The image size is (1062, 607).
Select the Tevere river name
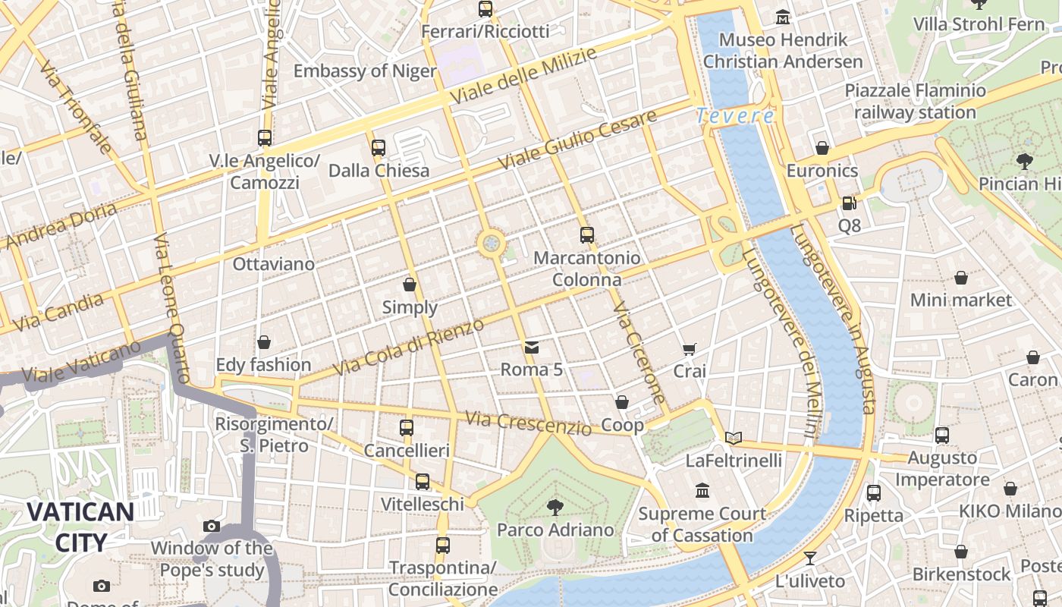click(735, 116)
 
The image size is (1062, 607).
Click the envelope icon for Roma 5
click(532, 348)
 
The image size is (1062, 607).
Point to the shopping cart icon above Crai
click(689, 349)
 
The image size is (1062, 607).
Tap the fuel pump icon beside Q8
click(849, 203)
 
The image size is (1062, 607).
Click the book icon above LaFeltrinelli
click(733, 438)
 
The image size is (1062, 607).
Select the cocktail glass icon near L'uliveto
click(810, 558)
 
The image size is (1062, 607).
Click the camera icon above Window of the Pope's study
click(212, 526)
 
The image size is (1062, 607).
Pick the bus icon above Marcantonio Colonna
click(586, 235)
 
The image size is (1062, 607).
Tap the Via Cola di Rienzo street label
click(408, 347)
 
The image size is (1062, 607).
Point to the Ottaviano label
click(273, 264)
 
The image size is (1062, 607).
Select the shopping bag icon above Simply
click(410, 285)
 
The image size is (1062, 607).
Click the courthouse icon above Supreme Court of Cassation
click(702, 491)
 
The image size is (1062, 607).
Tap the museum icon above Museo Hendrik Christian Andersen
click(783, 17)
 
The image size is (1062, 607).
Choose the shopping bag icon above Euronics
click(822, 148)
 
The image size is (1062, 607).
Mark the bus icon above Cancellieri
click(407, 428)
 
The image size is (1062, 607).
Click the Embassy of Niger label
click(365, 71)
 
